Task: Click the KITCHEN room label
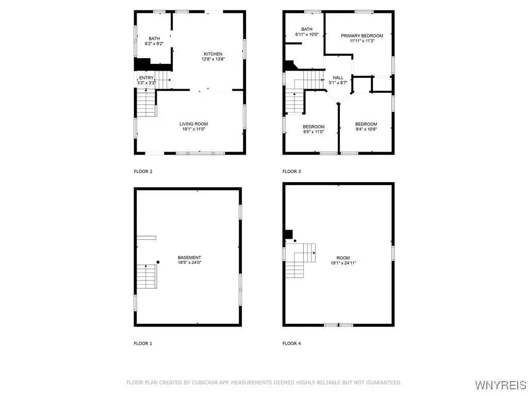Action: pos(213,54)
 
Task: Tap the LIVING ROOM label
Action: pos(193,124)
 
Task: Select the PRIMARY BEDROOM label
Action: pos(361,36)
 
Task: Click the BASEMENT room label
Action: pos(189,257)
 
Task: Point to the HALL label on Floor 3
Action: pos(338,78)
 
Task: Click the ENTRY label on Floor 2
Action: pos(146,78)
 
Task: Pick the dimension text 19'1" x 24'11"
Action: pos(343,263)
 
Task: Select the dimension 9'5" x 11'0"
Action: pos(313,132)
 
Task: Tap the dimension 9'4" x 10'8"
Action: pos(366,129)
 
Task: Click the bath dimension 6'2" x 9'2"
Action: pos(154,44)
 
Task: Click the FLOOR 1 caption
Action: pos(143,343)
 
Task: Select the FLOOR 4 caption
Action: pos(291,343)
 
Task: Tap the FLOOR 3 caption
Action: pos(291,171)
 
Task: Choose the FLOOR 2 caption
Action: pos(143,171)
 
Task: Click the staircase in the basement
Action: pos(146,276)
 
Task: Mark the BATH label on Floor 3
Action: pos(307,29)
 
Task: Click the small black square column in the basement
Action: pos(158,262)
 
